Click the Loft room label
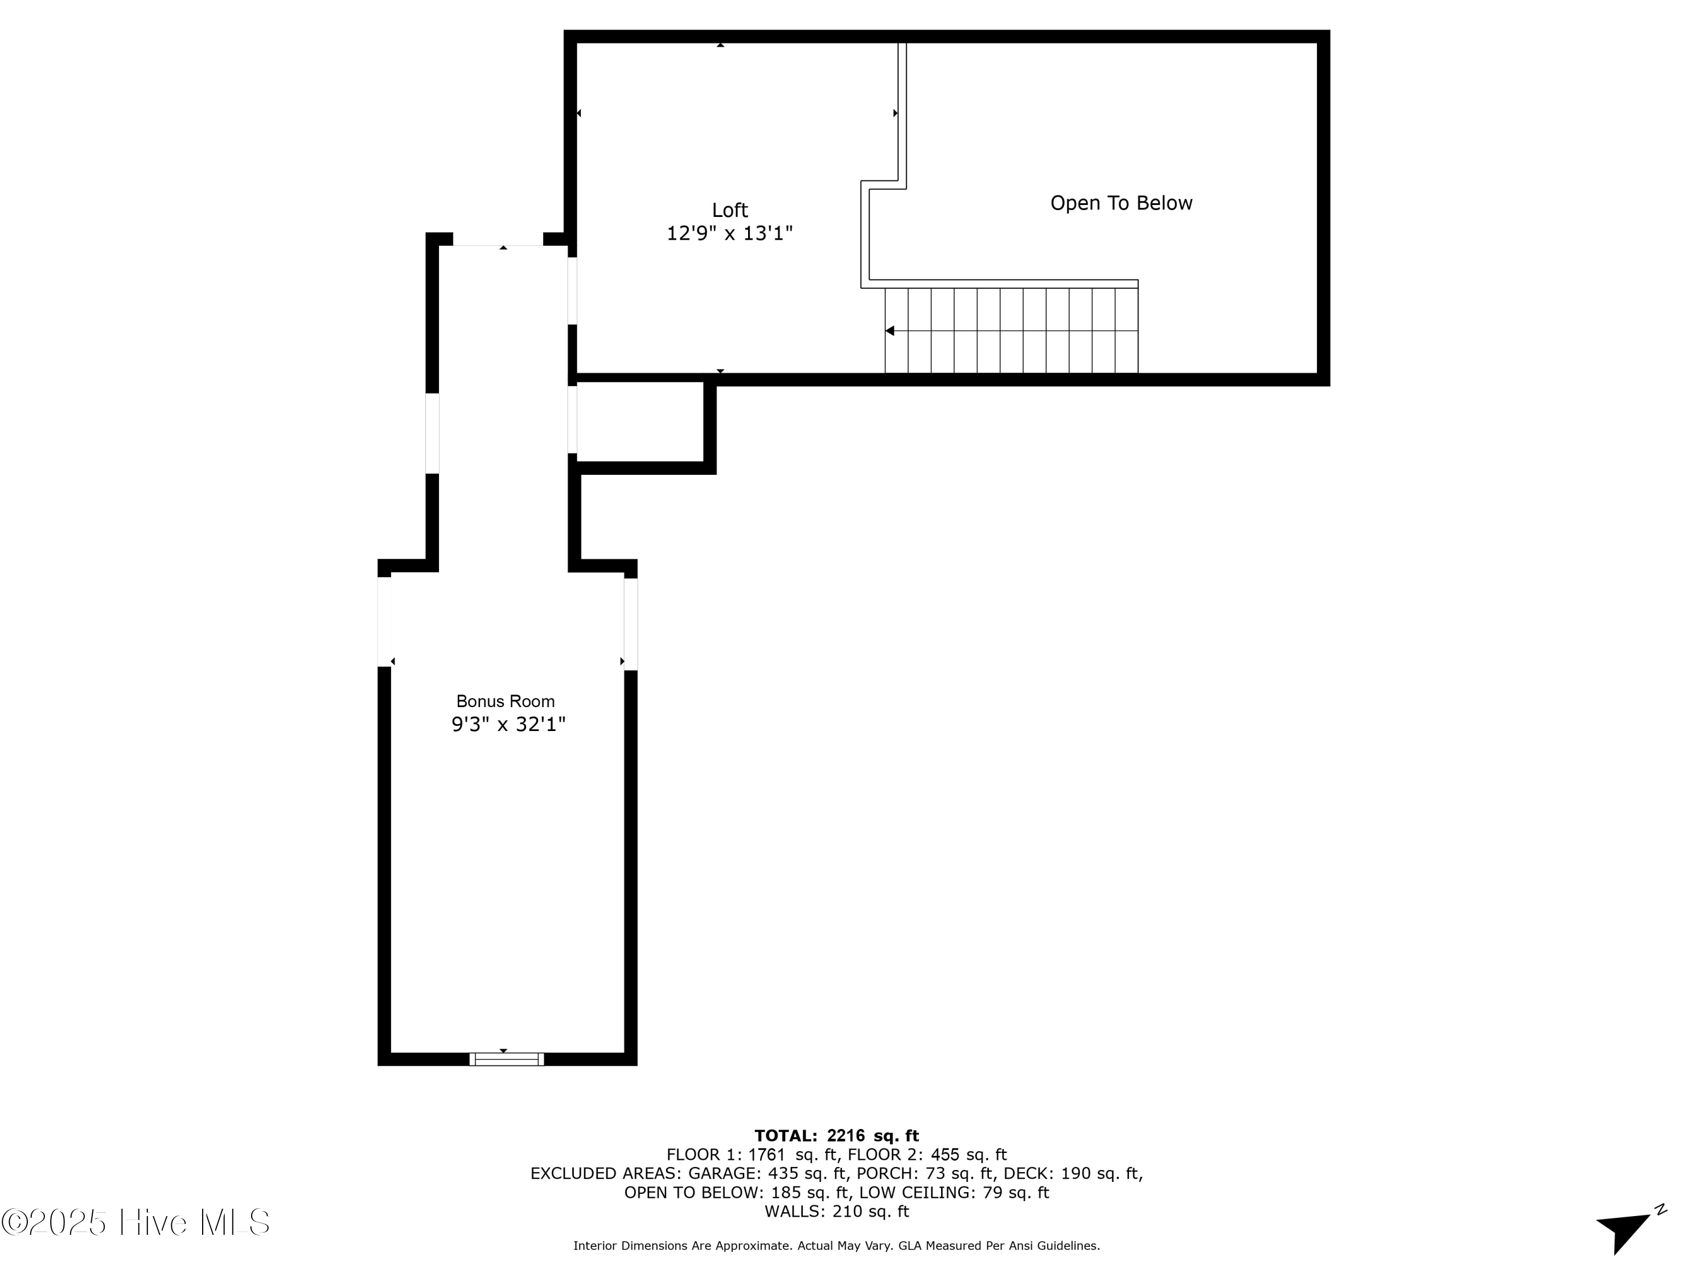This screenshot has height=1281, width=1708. pyautogui.click(x=730, y=210)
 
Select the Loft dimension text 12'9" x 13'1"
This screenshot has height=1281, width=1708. pyautogui.click(x=730, y=233)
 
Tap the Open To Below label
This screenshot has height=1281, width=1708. pyautogui.click(x=1121, y=203)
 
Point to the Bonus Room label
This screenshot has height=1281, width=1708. pyautogui.click(x=506, y=701)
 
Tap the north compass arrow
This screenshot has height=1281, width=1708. pyautogui.click(x=1625, y=1229)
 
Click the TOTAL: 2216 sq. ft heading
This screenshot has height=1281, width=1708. pyautogui.click(x=836, y=1136)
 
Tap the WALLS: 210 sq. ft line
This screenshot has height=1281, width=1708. pyautogui.click(x=836, y=1212)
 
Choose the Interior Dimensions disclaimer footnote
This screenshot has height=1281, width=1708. pyautogui.click(x=836, y=1246)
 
